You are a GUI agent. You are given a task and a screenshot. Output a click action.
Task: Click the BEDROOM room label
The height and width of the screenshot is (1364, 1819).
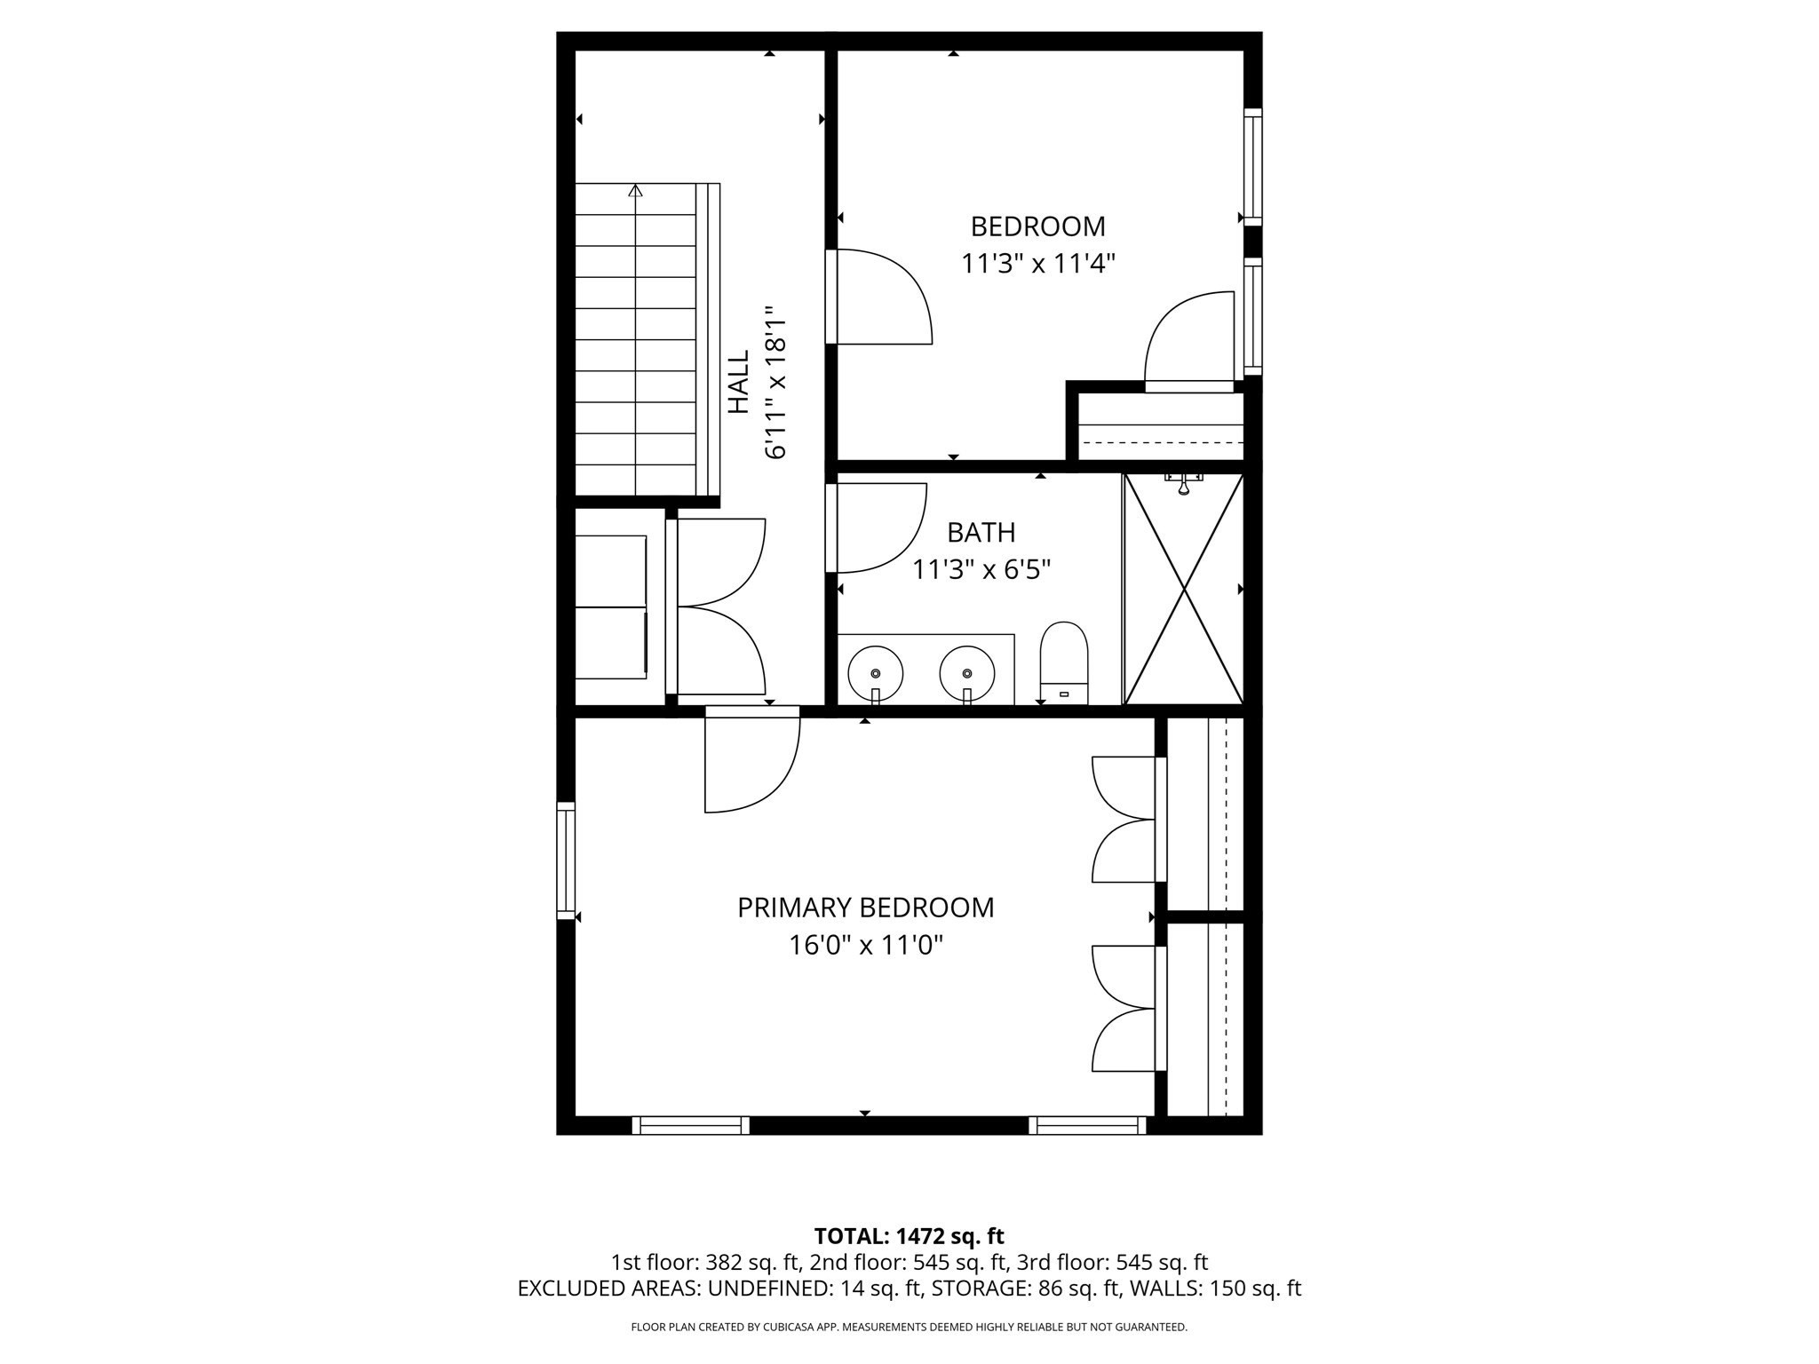1037,226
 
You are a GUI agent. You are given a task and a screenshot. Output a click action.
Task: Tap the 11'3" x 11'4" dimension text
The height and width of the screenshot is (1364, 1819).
1037,264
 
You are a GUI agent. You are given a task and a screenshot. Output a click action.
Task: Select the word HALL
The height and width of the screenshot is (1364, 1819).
739,382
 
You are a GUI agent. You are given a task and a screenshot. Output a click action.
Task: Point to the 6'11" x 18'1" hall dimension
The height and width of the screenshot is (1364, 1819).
775,382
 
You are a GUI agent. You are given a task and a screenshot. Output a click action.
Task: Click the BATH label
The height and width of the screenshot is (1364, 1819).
981,532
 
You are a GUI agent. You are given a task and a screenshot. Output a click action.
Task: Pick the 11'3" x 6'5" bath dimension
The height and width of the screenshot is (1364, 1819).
981,569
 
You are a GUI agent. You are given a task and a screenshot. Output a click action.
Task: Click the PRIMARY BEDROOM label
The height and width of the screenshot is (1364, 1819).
865,908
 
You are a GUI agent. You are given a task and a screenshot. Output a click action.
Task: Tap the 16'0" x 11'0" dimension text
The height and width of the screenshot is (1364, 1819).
865,945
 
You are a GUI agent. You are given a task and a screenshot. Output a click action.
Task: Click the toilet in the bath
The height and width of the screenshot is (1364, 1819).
1063,662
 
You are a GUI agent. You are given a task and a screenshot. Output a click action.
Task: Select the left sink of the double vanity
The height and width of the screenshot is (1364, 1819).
875,672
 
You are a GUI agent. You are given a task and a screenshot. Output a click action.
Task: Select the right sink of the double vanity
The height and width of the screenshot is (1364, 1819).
967,672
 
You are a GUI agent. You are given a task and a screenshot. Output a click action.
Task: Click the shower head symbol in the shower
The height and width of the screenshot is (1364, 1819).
1184,484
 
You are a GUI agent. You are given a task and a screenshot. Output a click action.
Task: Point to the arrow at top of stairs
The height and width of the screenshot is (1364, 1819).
635,190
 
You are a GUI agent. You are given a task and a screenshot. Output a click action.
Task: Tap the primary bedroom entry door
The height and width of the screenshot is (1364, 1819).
751,764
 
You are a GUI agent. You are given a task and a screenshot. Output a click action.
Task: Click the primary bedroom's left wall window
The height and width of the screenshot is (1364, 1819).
566,860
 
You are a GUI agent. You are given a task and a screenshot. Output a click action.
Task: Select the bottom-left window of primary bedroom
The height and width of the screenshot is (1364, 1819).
691,1125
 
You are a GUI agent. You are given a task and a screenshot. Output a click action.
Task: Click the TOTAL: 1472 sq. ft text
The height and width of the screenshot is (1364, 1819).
909,1236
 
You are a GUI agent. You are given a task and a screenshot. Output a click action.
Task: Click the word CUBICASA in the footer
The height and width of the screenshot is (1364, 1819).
798,1327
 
